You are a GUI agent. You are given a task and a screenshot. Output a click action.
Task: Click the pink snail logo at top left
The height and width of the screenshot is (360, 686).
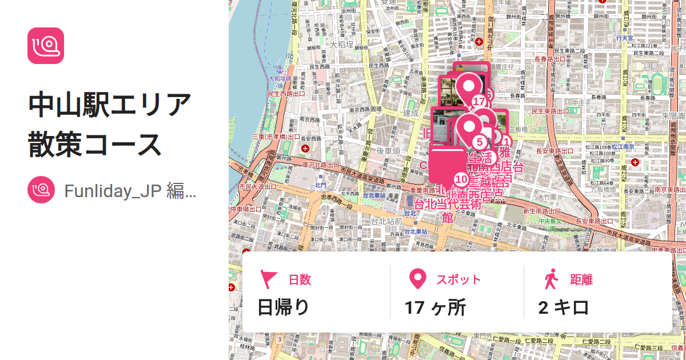pos(46,46)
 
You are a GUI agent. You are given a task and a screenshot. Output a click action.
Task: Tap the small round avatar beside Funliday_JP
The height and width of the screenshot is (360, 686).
pos(41,190)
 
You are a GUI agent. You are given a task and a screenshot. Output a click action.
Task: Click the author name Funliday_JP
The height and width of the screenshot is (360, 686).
pos(130,190)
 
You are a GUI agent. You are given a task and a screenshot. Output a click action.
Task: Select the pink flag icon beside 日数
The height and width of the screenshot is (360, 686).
pos(268,279)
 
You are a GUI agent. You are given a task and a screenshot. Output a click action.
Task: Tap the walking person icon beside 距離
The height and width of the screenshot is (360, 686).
pos(551,279)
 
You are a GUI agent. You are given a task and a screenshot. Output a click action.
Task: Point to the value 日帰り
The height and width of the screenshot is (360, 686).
pos(284,307)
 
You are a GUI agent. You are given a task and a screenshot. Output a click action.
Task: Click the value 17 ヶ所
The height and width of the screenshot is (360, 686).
pos(435,307)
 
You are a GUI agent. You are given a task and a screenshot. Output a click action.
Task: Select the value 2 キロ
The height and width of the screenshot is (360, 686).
pos(564,307)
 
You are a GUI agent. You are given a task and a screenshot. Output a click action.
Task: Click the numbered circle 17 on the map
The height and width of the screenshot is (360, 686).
pos(479,102)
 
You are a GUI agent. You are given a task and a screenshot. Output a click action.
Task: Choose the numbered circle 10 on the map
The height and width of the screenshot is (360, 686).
pos(461,179)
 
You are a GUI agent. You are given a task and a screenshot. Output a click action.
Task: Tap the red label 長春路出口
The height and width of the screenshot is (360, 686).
pos(549,59)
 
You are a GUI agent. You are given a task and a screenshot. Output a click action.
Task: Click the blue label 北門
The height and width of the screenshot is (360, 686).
pos(320,185)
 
